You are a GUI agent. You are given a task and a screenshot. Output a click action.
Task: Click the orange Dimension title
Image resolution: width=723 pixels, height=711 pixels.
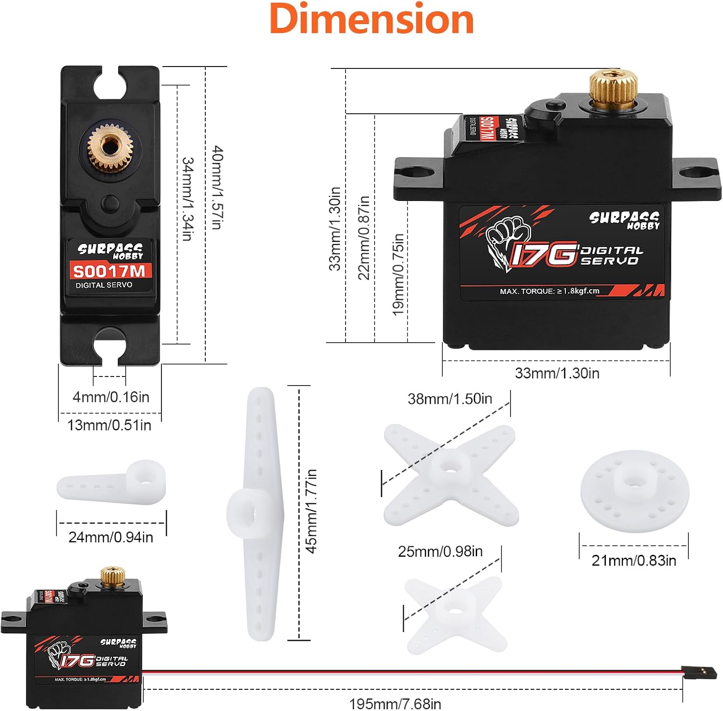click(x=372, y=19)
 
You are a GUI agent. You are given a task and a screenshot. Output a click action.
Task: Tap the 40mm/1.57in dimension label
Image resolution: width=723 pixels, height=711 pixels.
click(x=217, y=188)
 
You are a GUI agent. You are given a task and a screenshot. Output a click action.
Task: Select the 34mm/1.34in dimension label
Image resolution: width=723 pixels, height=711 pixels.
click(x=187, y=199)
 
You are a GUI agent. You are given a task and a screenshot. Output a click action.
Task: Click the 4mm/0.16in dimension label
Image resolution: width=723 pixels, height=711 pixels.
click(x=111, y=397)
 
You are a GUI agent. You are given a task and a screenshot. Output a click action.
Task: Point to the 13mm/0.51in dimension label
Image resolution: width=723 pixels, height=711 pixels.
click(x=109, y=425)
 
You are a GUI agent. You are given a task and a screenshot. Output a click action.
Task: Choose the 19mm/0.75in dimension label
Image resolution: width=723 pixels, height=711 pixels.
click(x=398, y=274)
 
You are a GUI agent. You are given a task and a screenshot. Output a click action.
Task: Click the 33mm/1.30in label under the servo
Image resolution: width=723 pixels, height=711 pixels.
click(x=557, y=373)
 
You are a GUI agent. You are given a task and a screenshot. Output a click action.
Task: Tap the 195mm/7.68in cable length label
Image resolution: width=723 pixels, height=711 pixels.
click(x=395, y=703)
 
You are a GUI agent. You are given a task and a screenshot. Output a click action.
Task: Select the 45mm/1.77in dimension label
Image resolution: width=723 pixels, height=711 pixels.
click(x=312, y=511)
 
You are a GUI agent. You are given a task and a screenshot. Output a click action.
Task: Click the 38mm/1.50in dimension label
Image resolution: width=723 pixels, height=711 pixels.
click(x=450, y=399)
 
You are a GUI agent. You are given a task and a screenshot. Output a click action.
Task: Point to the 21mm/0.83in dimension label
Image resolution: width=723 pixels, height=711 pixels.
click(x=634, y=560)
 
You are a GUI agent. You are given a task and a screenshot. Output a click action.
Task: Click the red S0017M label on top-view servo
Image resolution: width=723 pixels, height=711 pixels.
click(x=109, y=271)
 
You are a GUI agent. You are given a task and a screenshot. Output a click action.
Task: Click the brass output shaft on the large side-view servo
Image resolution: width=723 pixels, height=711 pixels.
click(x=613, y=87)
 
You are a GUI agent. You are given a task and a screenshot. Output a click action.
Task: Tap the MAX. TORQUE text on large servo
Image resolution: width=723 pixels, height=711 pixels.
click(x=549, y=291)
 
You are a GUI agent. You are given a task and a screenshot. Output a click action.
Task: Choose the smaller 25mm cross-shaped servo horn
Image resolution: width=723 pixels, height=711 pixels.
click(x=455, y=615)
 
